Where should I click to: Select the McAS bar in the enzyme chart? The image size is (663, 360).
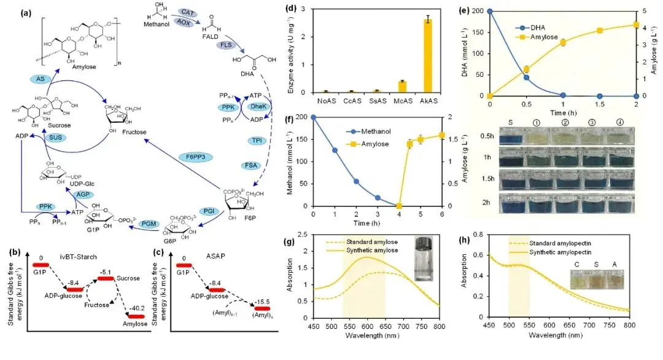click(402, 86)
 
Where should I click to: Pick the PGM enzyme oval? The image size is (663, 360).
click(150, 223)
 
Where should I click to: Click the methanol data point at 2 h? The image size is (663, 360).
click(356, 181)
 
